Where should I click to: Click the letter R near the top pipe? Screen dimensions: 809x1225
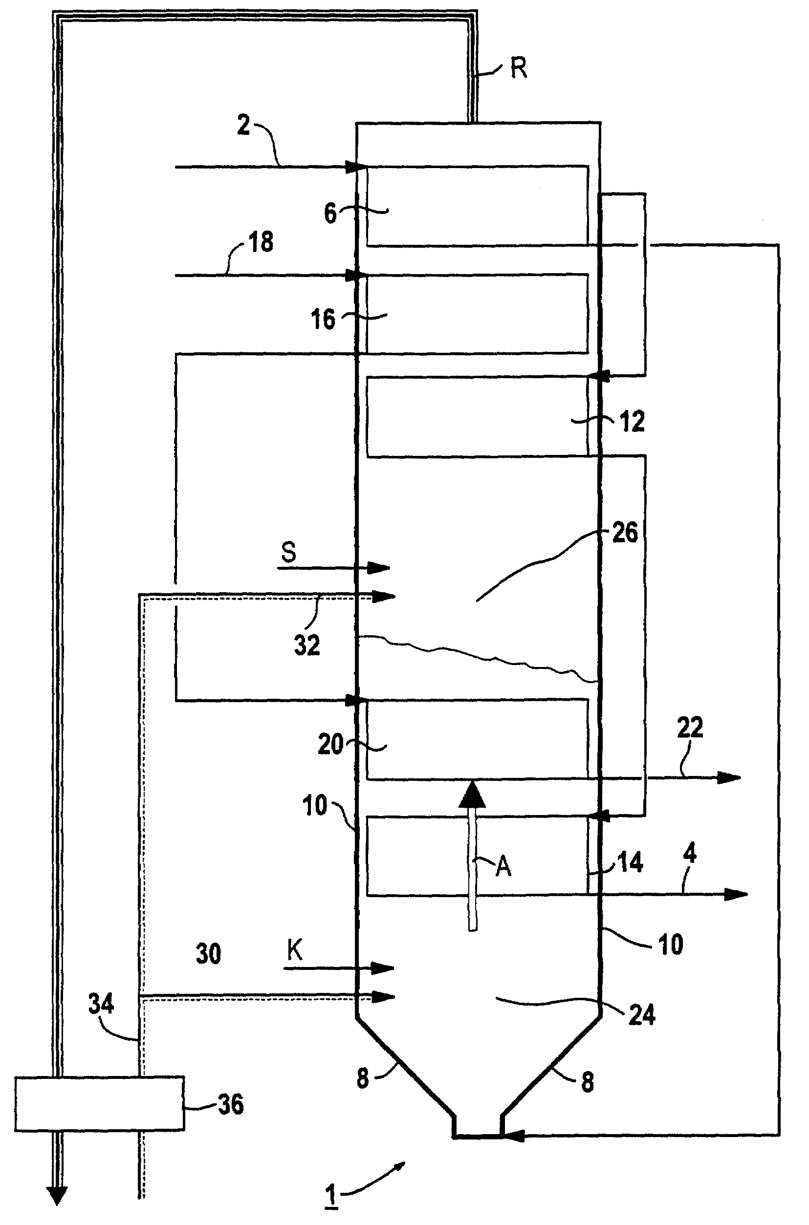(519, 68)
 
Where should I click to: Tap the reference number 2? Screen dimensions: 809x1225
(243, 126)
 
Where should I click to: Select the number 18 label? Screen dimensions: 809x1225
(261, 242)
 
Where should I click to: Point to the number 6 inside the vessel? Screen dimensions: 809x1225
(330, 213)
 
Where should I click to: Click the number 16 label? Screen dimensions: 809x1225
(323, 319)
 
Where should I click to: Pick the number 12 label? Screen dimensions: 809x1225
(633, 421)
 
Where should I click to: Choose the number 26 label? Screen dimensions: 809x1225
(625, 533)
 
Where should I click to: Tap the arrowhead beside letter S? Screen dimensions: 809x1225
(379, 568)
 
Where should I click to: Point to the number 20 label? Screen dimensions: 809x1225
(331, 744)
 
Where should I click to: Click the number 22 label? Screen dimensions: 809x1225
(690, 728)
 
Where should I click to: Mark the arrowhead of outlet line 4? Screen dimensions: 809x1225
(736, 894)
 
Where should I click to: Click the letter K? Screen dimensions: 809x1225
(295, 949)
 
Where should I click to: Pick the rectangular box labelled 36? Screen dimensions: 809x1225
(99, 1104)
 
